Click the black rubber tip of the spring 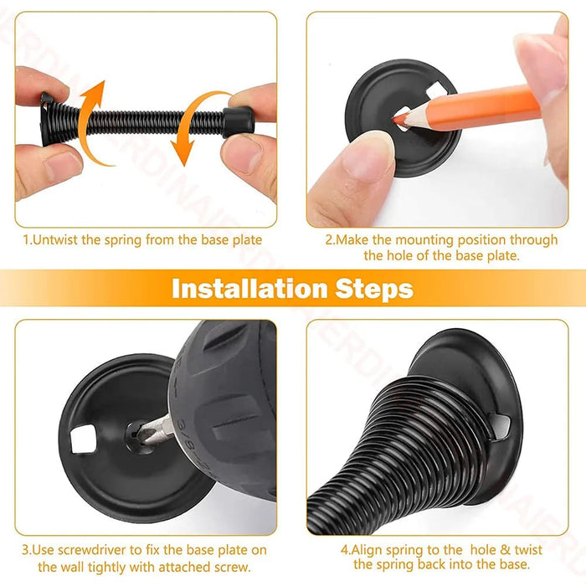(x=239, y=122)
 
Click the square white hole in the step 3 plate (x=84, y=439)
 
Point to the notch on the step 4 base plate (x=500, y=426)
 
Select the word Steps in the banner (x=374, y=290)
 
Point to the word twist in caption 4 (x=527, y=550)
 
